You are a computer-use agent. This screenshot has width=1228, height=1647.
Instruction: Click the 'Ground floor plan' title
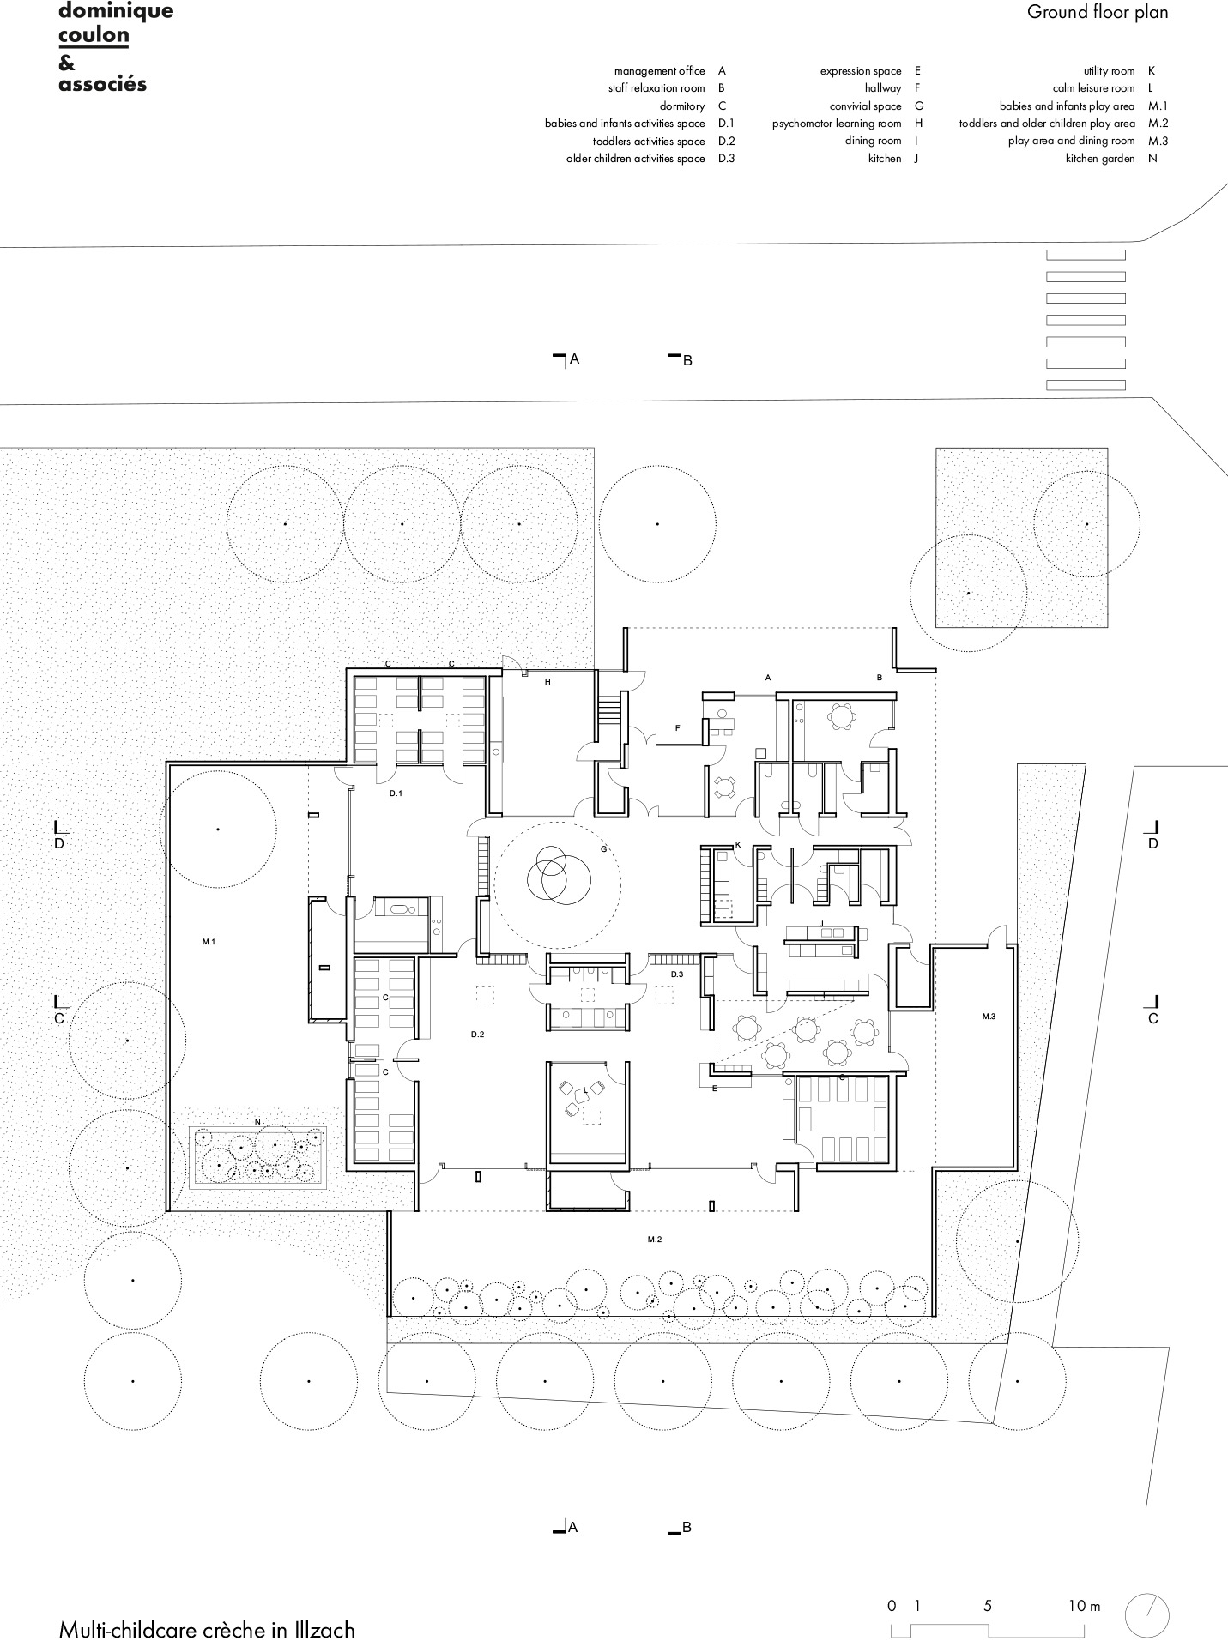click(x=1098, y=12)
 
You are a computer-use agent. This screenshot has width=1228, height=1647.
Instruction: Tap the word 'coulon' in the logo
click(x=94, y=35)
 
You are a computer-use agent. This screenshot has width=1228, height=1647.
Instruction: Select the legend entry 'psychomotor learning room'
click(x=837, y=124)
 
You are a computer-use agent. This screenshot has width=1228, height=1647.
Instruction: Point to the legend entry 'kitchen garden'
click(x=1100, y=159)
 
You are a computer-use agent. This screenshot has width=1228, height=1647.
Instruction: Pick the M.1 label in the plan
click(x=209, y=942)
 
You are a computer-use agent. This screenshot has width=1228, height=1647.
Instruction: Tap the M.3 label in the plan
click(x=989, y=1017)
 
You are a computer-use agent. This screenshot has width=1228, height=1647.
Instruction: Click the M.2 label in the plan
click(x=654, y=1240)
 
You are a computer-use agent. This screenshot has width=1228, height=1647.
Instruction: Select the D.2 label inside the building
click(x=477, y=1035)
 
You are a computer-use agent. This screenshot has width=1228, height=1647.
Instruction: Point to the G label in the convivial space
click(x=604, y=849)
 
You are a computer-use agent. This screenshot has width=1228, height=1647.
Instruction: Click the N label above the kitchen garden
click(x=257, y=1122)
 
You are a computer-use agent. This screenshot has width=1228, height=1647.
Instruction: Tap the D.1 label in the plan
click(x=396, y=793)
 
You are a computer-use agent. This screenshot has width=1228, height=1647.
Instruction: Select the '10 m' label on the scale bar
click(x=1084, y=1606)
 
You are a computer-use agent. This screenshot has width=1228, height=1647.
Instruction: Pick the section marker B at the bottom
click(x=681, y=1527)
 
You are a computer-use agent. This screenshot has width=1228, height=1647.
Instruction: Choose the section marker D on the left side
click(x=59, y=835)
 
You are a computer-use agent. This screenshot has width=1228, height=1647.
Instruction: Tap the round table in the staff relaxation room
click(x=843, y=714)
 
